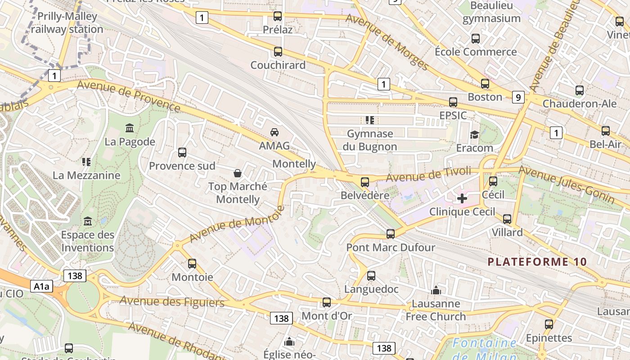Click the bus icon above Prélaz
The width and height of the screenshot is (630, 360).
pyautogui.click(x=278, y=16)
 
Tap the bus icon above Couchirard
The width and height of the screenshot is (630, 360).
pyautogui.click(x=278, y=52)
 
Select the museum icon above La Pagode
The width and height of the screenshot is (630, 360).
pyautogui.click(x=130, y=128)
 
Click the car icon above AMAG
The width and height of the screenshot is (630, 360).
pyautogui.click(x=274, y=132)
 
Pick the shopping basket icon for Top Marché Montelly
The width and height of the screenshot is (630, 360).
pyautogui.click(x=237, y=173)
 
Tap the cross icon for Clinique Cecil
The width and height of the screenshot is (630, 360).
pyautogui.click(x=462, y=198)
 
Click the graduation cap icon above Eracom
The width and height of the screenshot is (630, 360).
pyautogui.click(x=474, y=135)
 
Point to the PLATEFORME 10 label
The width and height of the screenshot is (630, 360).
pyautogui.click(x=537, y=262)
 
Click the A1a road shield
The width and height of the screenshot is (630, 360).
pyautogui.click(x=42, y=286)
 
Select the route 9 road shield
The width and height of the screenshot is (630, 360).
pyautogui.click(x=518, y=97)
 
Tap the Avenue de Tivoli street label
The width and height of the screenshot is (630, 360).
pyautogui.click(x=428, y=175)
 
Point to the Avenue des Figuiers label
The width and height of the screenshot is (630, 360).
pyautogui.click(x=172, y=301)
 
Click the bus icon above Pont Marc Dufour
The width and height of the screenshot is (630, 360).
pyautogui.click(x=391, y=234)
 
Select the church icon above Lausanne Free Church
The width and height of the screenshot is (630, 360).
pyautogui.click(x=436, y=291)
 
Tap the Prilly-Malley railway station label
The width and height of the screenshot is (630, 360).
pyautogui.click(x=67, y=23)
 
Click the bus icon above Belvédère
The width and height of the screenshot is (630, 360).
pyautogui.click(x=364, y=182)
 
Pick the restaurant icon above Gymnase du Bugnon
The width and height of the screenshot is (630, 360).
pyautogui.click(x=370, y=120)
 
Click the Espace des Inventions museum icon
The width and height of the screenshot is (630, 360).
pyautogui.click(x=88, y=221)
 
